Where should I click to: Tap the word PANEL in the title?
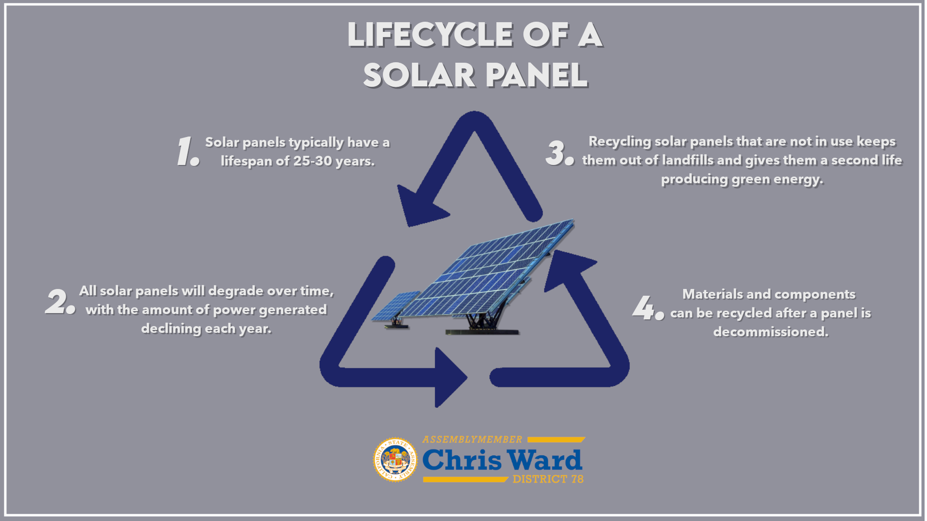tap(536, 76)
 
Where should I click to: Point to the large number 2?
tap(60, 301)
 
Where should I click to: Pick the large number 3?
tap(560, 152)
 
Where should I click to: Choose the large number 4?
tap(648, 307)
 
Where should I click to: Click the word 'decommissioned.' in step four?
tap(771, 332)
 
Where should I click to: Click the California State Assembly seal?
tap(395, 460)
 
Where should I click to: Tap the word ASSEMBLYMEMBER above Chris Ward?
tap(472, 439)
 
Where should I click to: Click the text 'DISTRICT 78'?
tap(548, 479)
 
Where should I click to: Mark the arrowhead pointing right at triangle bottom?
tap(450, 377)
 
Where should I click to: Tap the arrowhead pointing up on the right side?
tap(568, 268)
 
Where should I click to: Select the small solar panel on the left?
tap(395, 309)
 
